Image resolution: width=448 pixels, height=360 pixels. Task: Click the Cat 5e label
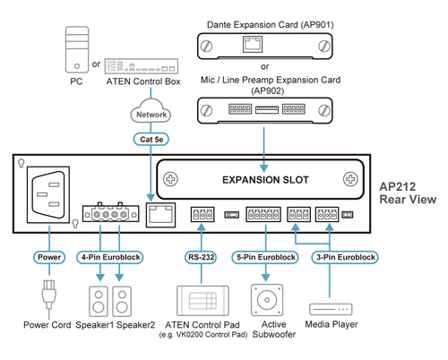(x=151, y=139)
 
